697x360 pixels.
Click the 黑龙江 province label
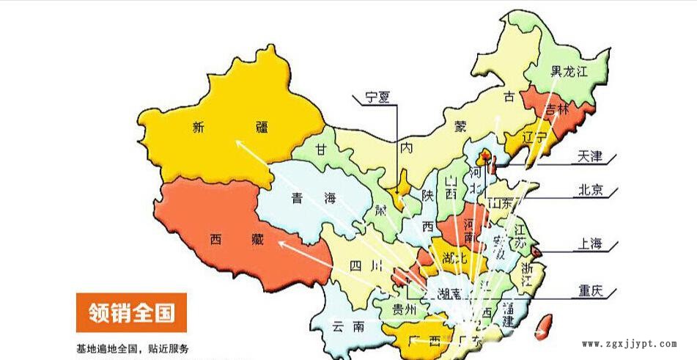click(569, 72)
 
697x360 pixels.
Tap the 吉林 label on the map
click(557, 109)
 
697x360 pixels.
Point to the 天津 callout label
click(589, 156)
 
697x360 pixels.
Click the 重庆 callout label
click(587, 290)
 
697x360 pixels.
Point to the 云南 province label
click(347, 326)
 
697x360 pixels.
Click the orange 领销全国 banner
click(132, 312)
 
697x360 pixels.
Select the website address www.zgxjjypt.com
click(628, 343)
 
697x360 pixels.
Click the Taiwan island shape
click(543, 326)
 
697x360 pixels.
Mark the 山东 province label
click(500, 202)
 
